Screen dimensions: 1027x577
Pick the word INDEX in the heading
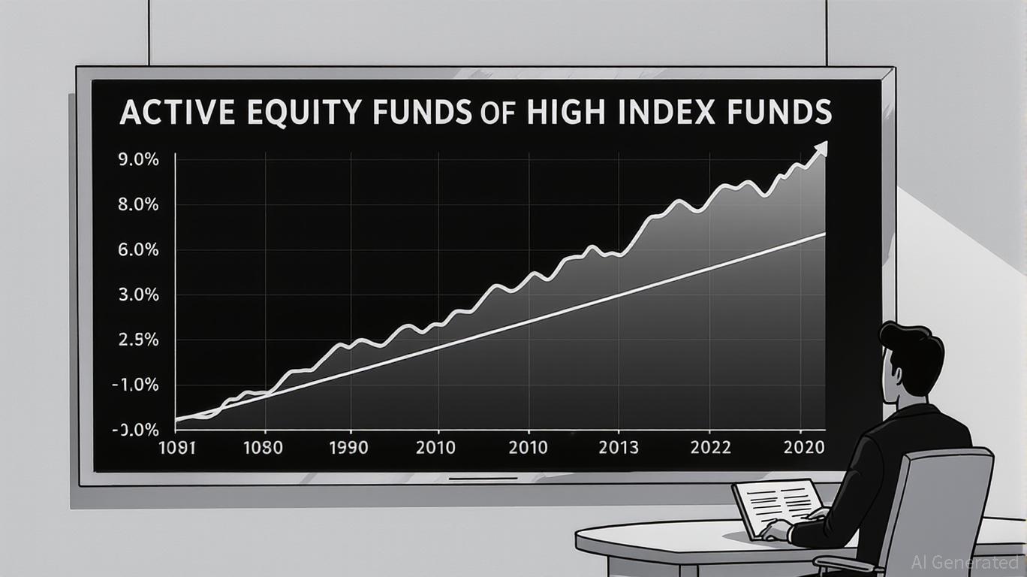click(x=662, y=111)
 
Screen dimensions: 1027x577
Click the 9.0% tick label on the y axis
click(x=138, y=160)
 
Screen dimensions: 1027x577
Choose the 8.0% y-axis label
click(x=138, y=204)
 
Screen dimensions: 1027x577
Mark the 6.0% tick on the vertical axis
click(x=138, y=250)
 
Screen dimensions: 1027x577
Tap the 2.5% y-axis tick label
click(x=138, y=340)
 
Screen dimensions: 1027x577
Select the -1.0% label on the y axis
click(x=135, y=385)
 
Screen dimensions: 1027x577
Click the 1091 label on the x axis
click(x=177, y=448)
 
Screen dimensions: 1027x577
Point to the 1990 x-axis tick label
click(x=348, y=448)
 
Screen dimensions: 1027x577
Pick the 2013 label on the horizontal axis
click(x=619, y=448)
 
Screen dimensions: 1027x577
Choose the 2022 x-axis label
click(x=710, y=448)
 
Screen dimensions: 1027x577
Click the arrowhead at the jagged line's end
click(x=821, y=149)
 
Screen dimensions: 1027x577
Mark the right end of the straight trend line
click(x=825, y=234)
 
